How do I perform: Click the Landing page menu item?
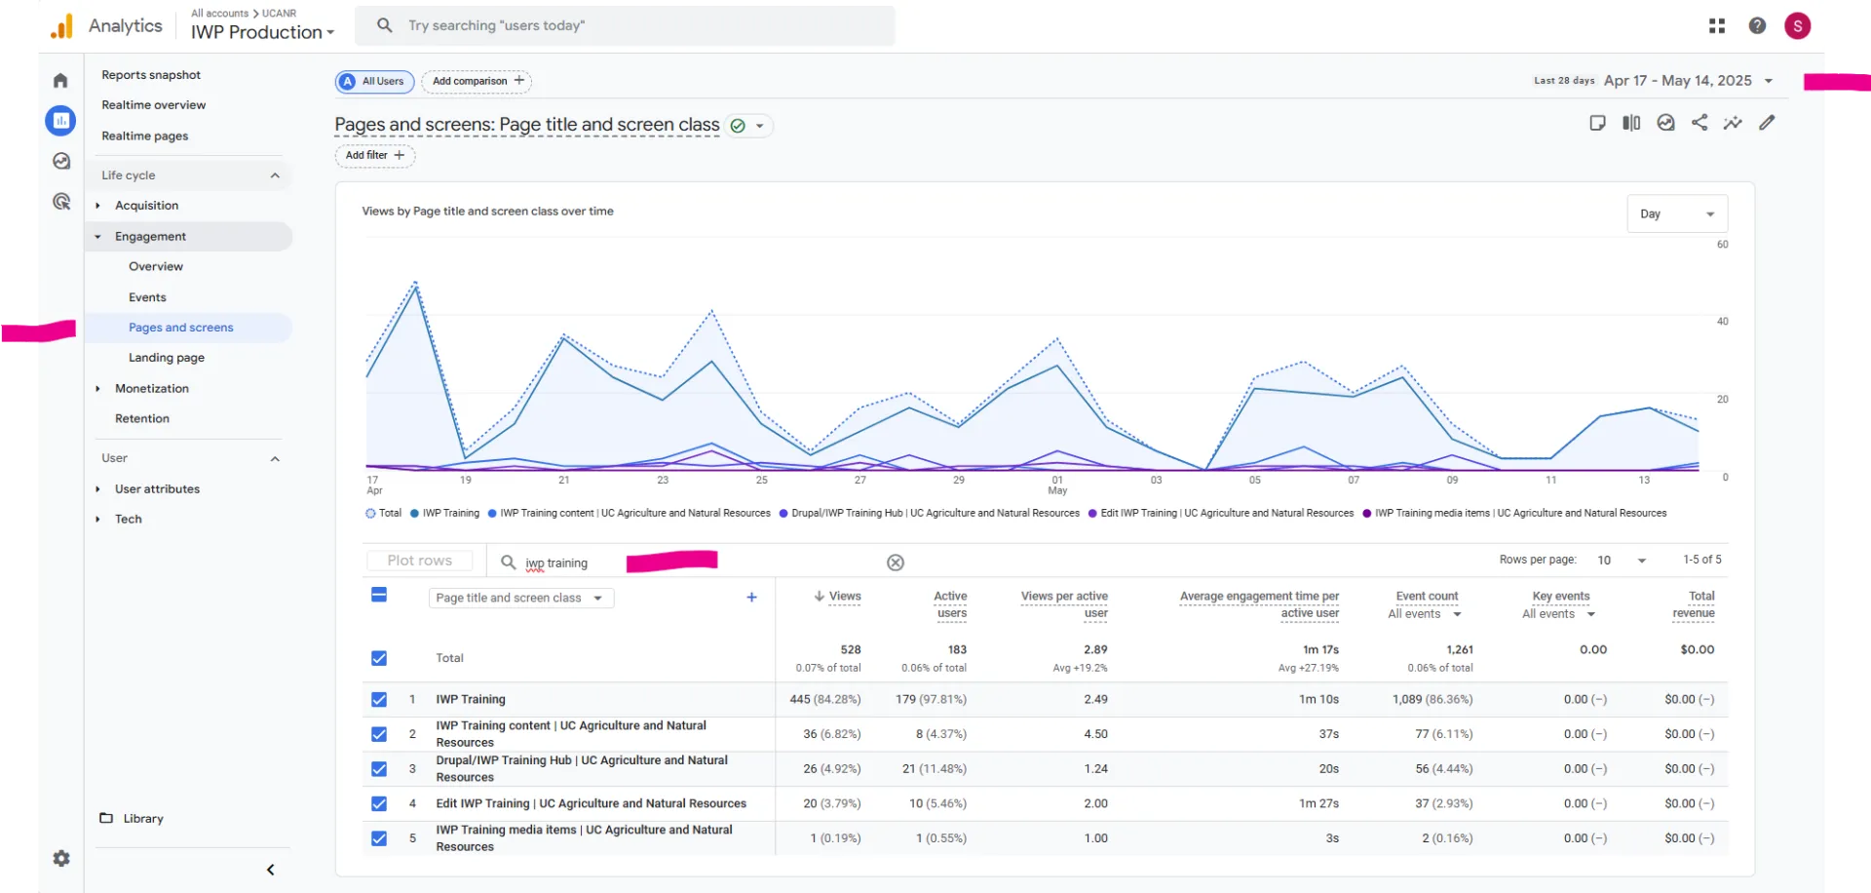click(166, 358)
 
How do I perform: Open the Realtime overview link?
click(153, 105)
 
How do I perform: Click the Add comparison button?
click(477, 81)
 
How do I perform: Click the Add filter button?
click(374, 155)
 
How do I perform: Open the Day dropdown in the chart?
click(1676, 214)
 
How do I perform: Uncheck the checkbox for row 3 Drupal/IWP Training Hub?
click(379, 769)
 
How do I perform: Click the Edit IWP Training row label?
click(591, 803)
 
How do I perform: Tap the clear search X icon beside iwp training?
click(896, 563)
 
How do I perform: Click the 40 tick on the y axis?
click(1722, 321)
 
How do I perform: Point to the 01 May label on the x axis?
click(1057, 485)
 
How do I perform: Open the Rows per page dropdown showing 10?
click(1622, 560)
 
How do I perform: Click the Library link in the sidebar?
click(142, 819)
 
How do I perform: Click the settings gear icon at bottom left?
click(61, 859)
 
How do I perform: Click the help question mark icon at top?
click(1757, 26)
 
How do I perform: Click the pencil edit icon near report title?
click(1767, 123)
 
